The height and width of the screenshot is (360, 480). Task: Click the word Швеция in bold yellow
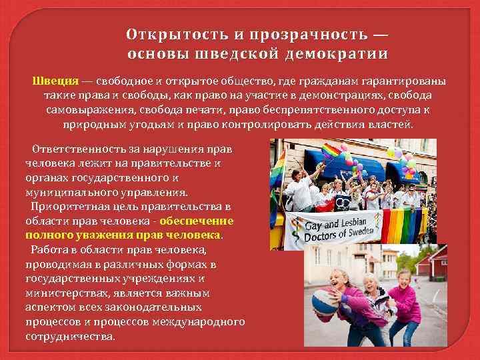point(56,81)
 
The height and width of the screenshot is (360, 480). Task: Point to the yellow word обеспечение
point(197,221)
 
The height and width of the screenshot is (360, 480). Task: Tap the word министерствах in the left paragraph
point(61,293)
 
